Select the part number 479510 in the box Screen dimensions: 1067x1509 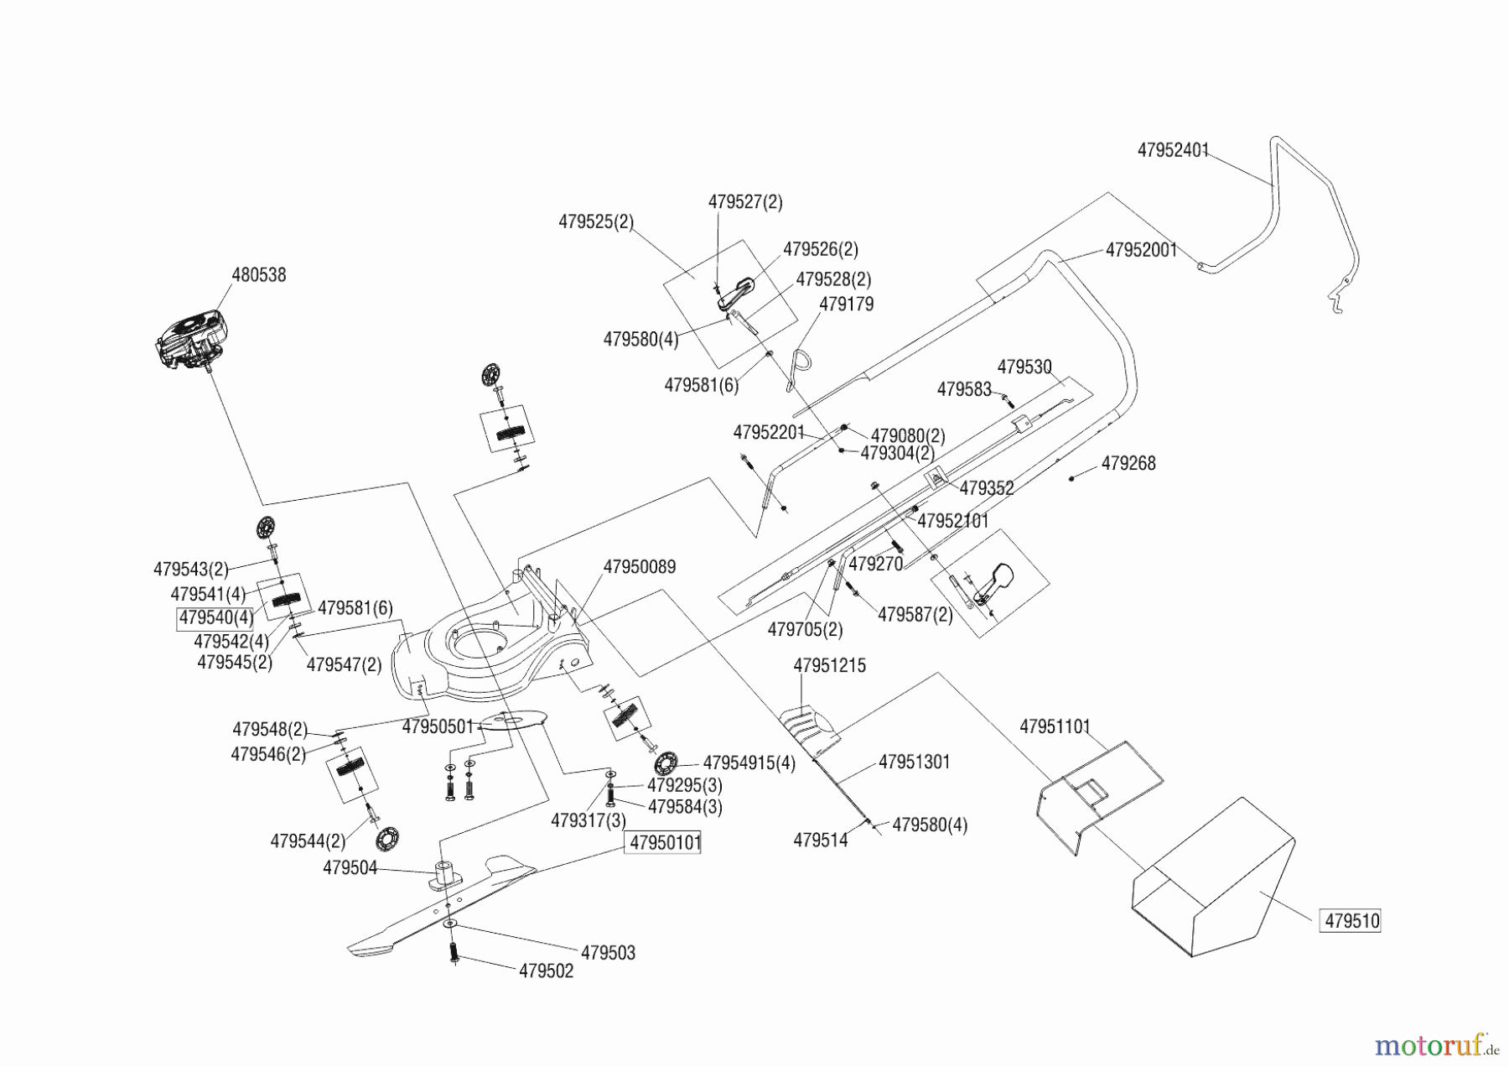pos(1351,921)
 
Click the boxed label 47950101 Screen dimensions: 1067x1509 pos(665,842)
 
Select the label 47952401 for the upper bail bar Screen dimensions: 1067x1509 pos(1172,150)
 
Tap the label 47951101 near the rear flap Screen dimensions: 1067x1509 pos(1055,726)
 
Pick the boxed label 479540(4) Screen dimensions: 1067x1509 pos(215,618)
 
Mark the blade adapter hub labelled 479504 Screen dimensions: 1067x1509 pos(441,874)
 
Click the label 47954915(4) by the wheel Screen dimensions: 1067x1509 pos(749,763)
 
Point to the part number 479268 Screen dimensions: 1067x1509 pos(1128,464)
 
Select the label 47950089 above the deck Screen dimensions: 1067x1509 pos(639,567)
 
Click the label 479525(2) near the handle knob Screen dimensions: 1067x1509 pos(595,222)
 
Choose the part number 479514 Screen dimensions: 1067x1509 pos(820,840)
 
